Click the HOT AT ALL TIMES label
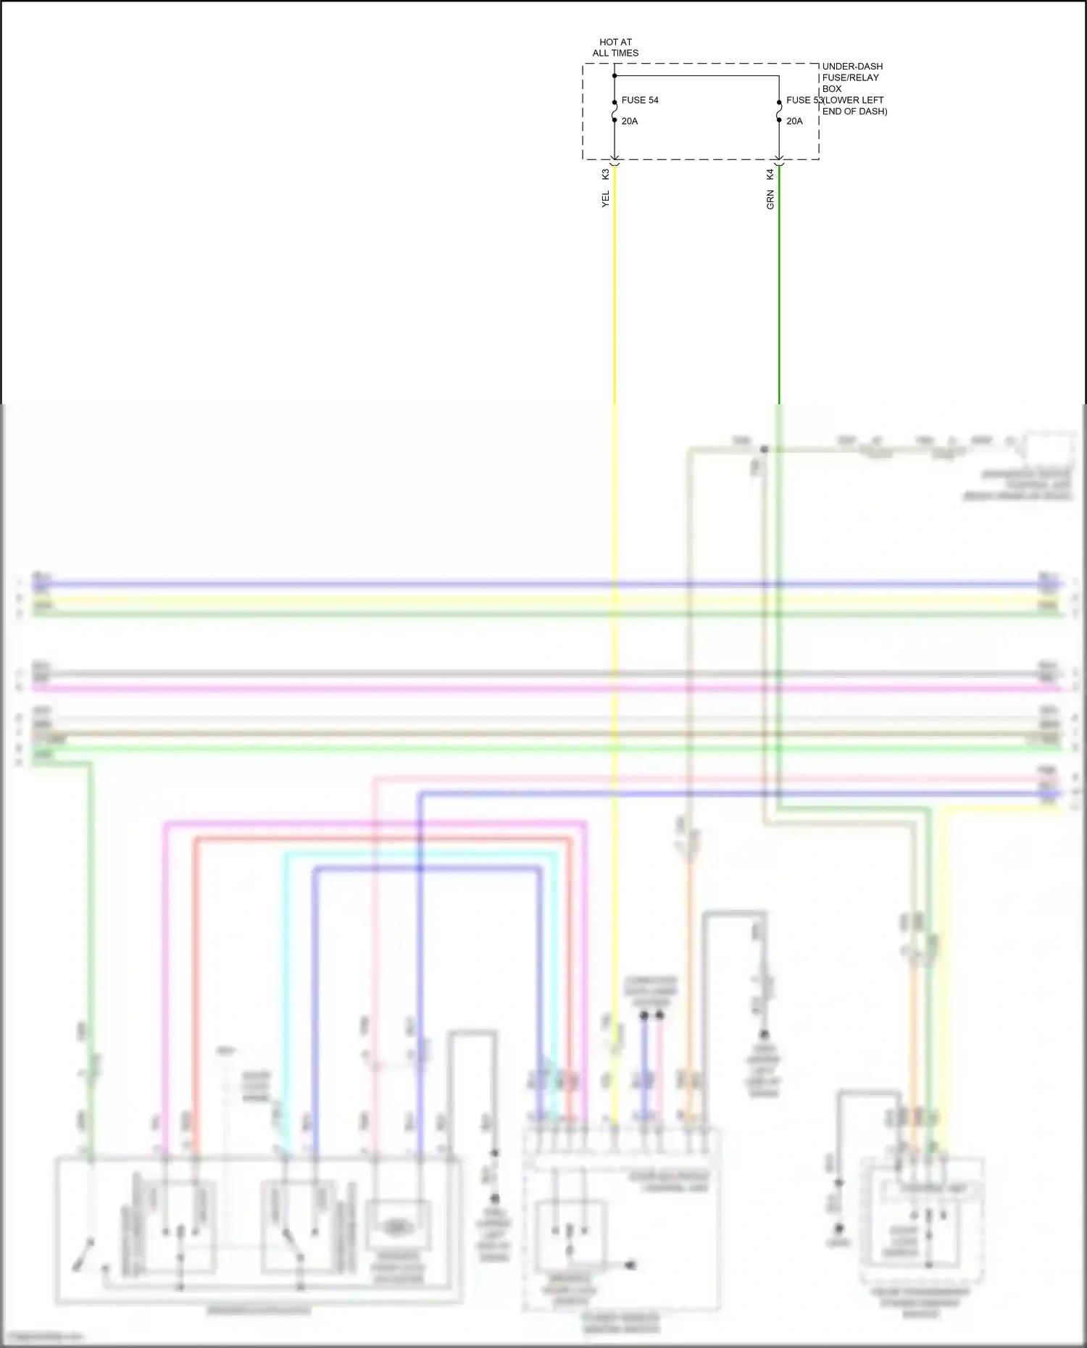tap(615, 48)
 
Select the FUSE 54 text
tap(640, 100)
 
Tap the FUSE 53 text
tap(803, 100)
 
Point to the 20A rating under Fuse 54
tap(630, 121)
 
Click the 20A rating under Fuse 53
tap(795, 121)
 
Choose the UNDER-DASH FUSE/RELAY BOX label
tap(852, 78)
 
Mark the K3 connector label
tap(606, 175)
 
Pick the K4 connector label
tap(770, 175)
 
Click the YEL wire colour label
tap(606, 199)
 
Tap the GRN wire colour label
tap(770, 200)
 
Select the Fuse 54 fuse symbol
tap(615, 111)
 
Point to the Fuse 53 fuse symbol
tap(779, 111)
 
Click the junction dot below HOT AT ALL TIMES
tap(615, 75)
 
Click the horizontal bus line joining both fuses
tap(696, 75)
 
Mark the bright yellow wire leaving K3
tap(615, 290)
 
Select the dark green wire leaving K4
tap(779, 290)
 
